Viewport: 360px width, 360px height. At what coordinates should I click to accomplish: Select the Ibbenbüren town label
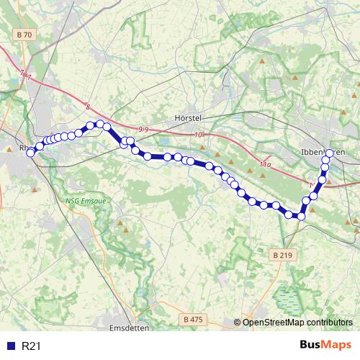click(x=322, y=153)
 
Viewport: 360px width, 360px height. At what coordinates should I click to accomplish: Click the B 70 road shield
click(x=24, y=35)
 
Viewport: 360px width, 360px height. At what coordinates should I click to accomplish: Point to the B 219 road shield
click(x=284, y=255)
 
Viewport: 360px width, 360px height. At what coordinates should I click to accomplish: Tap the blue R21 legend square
click(x=10, y=346)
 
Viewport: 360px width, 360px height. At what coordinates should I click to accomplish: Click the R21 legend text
click(x=32, y=346)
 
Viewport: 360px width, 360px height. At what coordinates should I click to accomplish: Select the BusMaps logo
click(x=325, y=346)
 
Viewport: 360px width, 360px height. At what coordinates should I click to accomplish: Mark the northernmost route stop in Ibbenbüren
click(x=330, y=153)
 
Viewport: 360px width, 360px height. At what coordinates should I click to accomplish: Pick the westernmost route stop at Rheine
click(x=30, y=152)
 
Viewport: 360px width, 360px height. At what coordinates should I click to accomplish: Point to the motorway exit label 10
click(x=199, y=135)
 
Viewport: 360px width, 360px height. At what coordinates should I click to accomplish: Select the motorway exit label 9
click(x=143, y=129)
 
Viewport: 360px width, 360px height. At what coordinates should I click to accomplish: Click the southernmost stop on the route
click(x=301, y=216)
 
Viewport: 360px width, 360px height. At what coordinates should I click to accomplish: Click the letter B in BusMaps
click(x=304, y=346)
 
